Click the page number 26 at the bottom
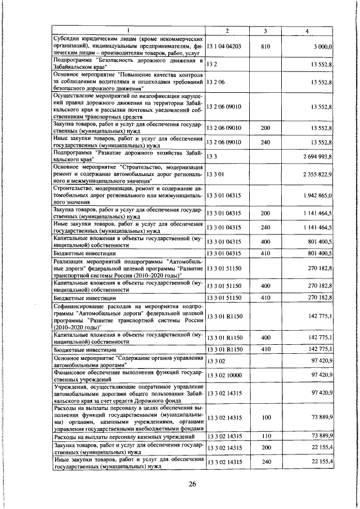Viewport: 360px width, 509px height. (x=192, y=486)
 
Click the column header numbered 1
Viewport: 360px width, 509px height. (x=128, y=29)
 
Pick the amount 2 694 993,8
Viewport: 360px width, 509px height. (x=317, y=156)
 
